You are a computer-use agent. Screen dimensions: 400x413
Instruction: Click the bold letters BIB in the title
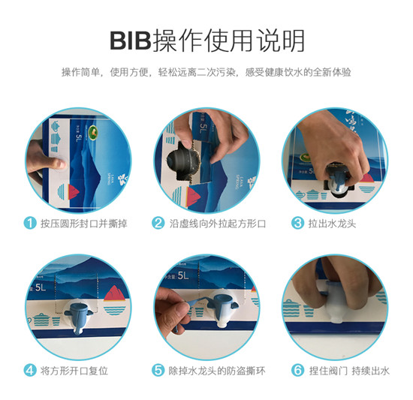(x=130, y=38)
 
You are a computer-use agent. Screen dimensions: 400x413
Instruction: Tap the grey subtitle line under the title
(x=206, y=73)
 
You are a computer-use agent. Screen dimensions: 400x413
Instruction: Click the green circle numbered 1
(x=29, y=223)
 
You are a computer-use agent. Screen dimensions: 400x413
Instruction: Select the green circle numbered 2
(x=158, y=223)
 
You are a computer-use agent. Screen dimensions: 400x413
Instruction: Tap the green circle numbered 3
(x=297, y=223)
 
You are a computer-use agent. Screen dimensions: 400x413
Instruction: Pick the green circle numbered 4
(x=29, y=369)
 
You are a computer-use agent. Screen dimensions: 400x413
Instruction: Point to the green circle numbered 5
(x=158, y=369)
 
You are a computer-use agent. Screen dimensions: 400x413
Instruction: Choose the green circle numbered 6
(x=297, y=369)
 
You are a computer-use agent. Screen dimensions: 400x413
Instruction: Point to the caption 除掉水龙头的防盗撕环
(x=213, y=369)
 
